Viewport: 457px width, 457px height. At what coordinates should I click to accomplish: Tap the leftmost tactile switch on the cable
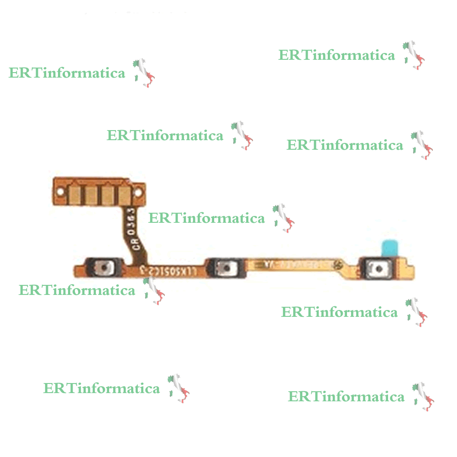coord(105,266)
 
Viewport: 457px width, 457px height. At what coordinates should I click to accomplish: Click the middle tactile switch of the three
coord(224,267)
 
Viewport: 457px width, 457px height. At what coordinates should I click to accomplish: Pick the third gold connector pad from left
coord(108,194)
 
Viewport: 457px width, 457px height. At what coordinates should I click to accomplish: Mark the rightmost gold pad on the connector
coord(125,194)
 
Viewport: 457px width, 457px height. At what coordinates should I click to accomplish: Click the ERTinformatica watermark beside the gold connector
coord(206,218)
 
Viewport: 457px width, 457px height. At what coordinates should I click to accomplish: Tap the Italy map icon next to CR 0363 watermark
coord(284,218)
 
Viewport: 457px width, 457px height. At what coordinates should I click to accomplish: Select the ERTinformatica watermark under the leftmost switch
coord(77,290)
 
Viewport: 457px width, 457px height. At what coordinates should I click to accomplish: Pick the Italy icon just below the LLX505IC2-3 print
coord(154,290)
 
